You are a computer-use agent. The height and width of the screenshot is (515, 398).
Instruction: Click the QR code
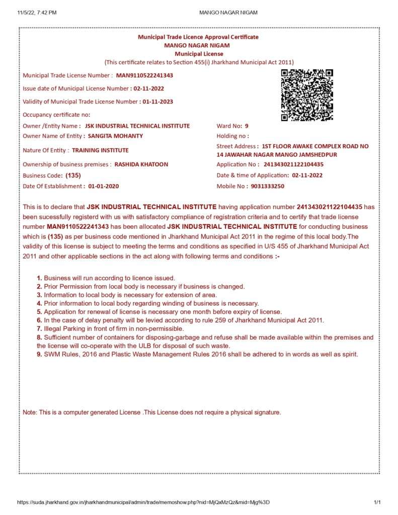pos(306,95)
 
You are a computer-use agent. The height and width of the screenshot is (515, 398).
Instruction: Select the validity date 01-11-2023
pos(157,102)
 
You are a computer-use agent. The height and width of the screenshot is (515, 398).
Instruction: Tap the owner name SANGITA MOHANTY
pos(115,136)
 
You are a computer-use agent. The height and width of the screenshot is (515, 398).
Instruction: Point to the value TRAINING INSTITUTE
pos(100,150)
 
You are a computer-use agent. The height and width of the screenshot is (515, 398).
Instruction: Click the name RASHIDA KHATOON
pos(141,164)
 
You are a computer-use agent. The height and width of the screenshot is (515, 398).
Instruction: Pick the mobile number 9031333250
pos(267,186)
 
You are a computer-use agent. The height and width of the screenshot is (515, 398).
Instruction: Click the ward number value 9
pos(247,126)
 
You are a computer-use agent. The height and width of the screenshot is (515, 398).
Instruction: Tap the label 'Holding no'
pos(232,136)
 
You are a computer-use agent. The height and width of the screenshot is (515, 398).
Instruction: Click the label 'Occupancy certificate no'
pos(56,115)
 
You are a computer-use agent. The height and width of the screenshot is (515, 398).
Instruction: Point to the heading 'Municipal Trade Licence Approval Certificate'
pos(198,37)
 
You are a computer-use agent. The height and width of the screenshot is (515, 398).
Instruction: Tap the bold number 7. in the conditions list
pos(40,328)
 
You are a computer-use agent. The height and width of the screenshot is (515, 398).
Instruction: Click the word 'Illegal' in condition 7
pos(53,328)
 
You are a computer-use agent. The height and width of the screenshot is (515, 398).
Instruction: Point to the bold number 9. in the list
pos(40,355)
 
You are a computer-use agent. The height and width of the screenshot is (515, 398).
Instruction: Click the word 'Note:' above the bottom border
pos(30,412)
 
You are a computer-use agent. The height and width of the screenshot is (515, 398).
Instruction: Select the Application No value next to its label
pos(293,164)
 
